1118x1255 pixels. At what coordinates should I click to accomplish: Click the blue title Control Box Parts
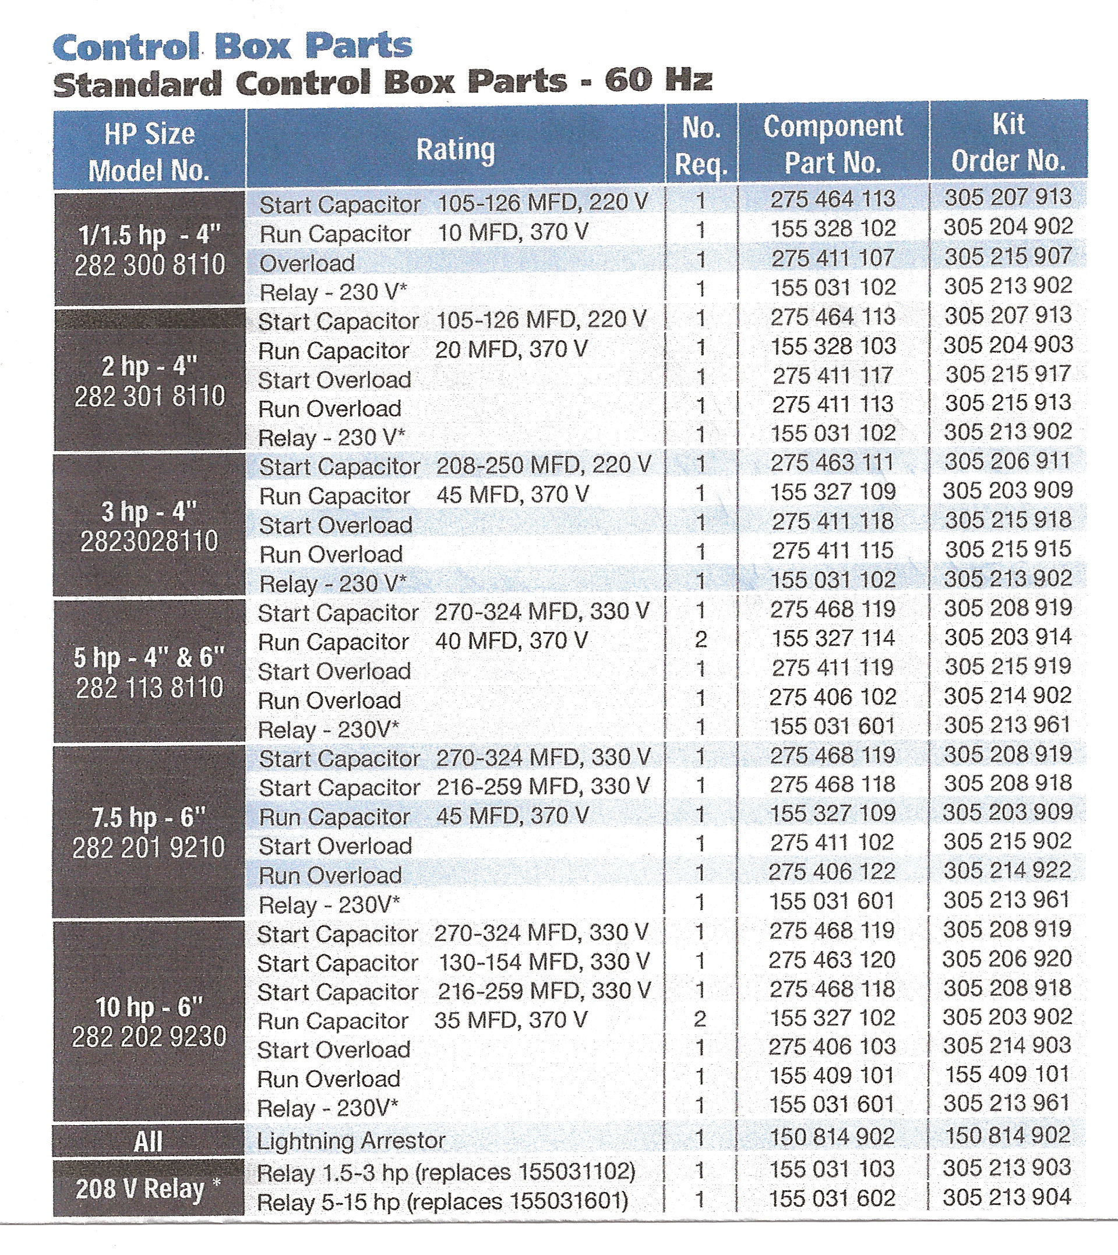[x=232, y=47]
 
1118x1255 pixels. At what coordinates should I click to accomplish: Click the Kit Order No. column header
[x=1008, y=143]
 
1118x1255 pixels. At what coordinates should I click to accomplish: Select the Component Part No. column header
[x=833, y=145]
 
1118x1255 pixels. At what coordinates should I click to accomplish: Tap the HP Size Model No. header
[x=149, y=151]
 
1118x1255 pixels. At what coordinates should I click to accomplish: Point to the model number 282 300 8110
[x=150, y=265]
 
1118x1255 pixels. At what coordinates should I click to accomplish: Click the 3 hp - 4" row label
[x=149, y=511]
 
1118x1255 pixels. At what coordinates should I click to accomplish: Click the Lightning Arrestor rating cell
[x=351, y=1141]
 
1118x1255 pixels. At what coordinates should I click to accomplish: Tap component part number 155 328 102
[x=833, y=228]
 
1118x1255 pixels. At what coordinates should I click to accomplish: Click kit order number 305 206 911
[x=1007, y=462]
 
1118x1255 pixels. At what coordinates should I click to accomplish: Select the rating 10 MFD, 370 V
[x=513, y=232]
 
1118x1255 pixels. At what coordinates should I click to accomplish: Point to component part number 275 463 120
[x=832, y=960]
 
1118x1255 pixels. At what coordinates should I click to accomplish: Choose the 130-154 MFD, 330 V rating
[x=544, y=961]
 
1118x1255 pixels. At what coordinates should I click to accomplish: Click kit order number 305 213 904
[x=1007, y=1197]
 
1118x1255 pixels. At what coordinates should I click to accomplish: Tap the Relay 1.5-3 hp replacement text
[x=445, y=1172]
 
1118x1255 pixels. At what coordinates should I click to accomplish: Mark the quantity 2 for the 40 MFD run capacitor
[x=700, y=640]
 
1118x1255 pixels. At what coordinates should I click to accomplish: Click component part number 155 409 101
[x=832, y=1075]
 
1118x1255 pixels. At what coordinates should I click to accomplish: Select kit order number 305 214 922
[x=1007, y=871]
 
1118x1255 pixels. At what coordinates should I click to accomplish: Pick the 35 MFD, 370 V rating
[x=510, y=1020]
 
